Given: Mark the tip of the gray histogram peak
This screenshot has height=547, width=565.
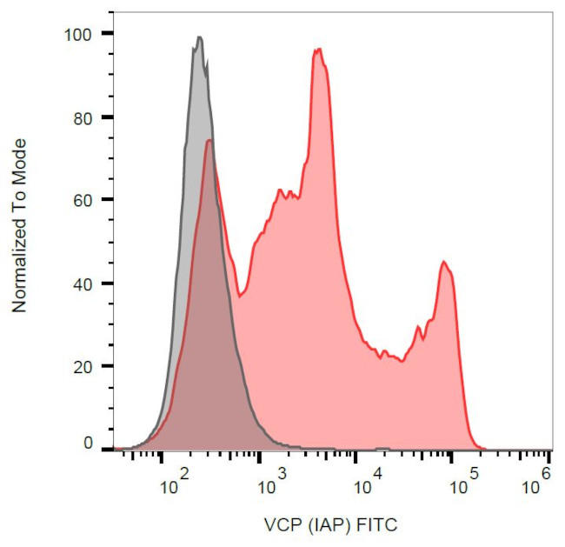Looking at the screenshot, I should click(x=199, y=37).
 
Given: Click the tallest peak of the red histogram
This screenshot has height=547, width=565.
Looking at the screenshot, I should click(x=318, y=49).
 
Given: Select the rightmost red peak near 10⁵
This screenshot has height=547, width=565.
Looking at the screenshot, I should click(x=443, y=261).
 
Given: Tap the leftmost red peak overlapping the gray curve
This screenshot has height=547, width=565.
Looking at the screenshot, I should click(x=209, y=140).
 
